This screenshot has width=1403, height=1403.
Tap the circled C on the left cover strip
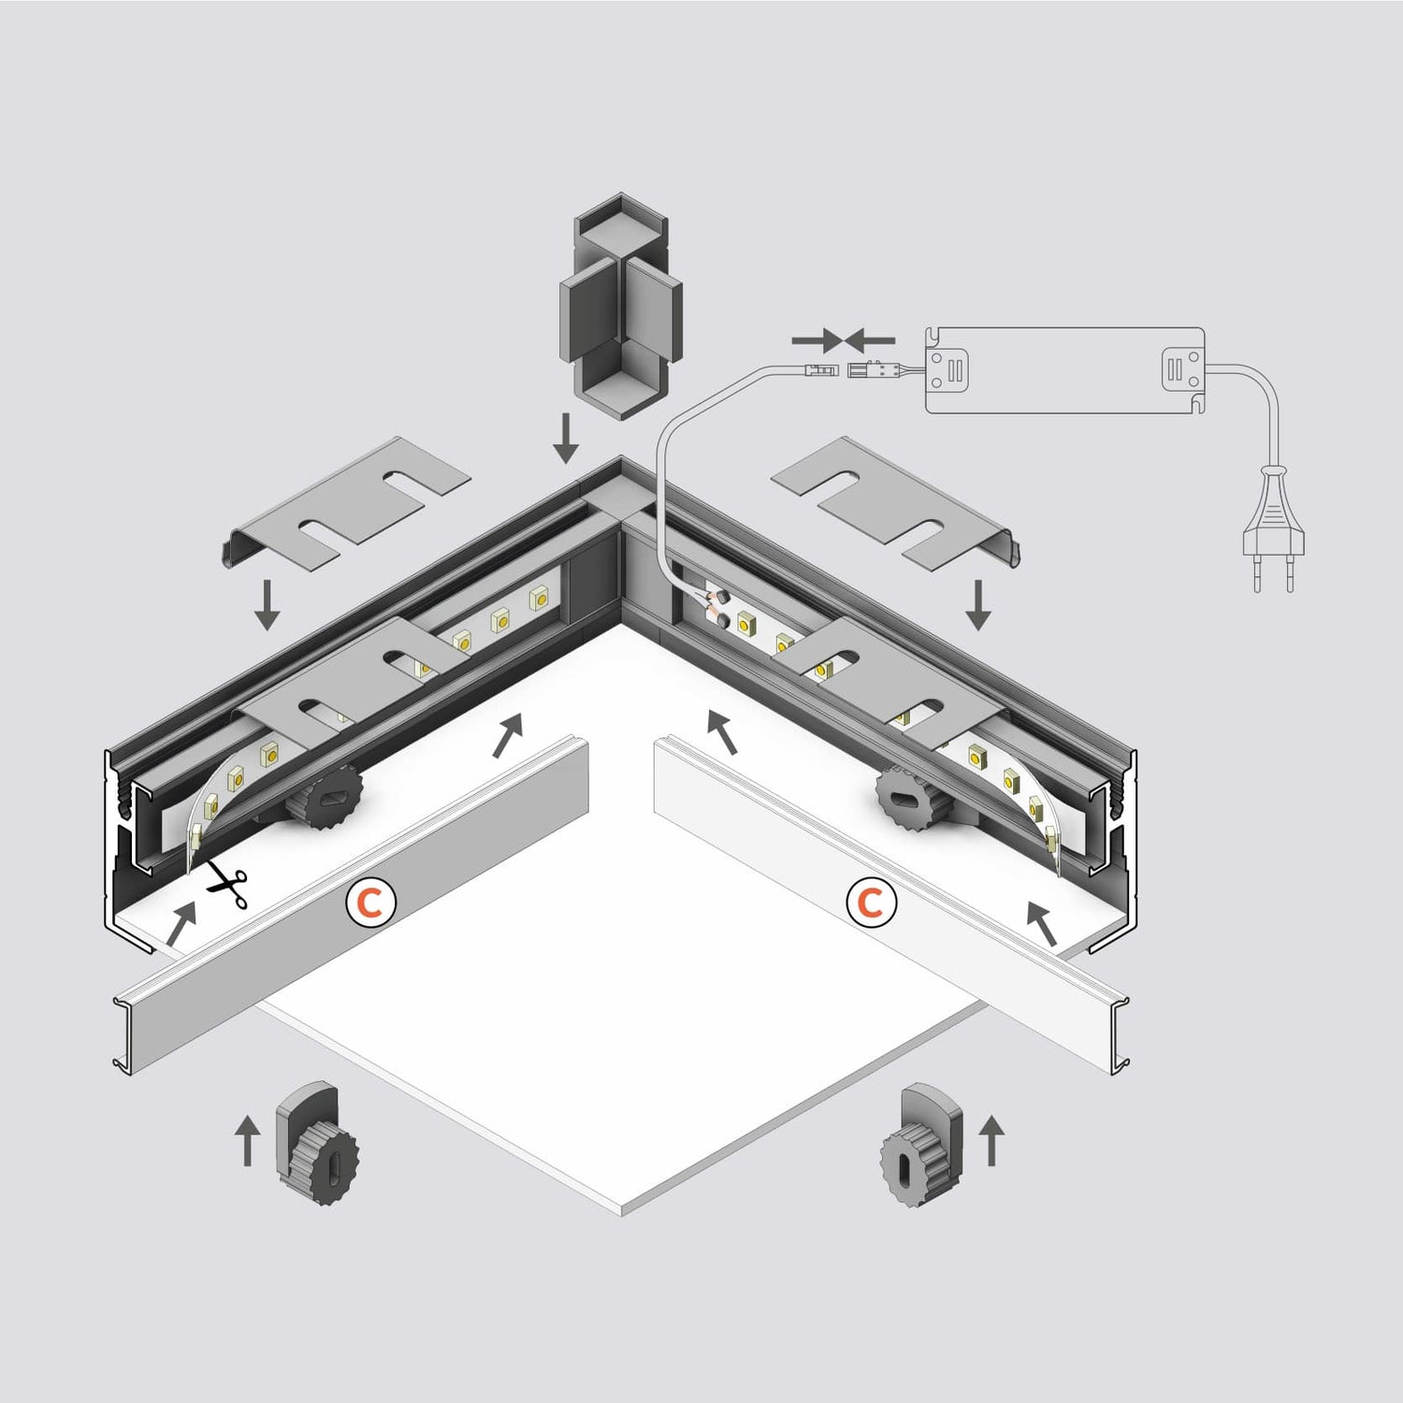(370, 904)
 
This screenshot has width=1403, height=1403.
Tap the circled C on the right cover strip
(871, 904)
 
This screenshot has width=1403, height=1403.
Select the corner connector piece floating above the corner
(619, 307)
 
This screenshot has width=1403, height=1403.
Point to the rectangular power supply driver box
(1064, 370)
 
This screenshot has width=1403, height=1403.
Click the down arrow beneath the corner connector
(565, 440)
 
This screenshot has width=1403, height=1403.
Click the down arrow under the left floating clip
(268, 604)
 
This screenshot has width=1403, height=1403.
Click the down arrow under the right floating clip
(978, 604)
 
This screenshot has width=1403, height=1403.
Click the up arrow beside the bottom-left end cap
(247, 1140)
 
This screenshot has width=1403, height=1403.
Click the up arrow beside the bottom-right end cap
(992, 1140)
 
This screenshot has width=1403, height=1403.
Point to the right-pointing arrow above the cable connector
(814, 340)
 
